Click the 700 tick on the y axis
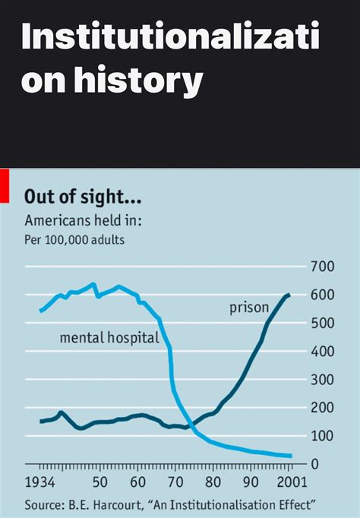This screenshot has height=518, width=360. point(324,267)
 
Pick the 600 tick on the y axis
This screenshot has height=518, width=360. point(324,295)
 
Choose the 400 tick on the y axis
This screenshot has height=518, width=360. point(324,352)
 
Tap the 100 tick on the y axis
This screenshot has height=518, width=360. point(324,436)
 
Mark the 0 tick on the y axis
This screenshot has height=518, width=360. point(332,464)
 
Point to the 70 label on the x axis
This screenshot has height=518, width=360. point(175,482)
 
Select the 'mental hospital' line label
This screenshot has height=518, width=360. point(109,337)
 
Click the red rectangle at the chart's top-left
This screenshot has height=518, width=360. point(4,186)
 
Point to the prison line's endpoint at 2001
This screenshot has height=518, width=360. point(289,295)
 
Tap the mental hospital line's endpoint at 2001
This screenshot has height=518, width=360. point(291,456)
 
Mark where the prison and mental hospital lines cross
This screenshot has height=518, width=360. point(190,423)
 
